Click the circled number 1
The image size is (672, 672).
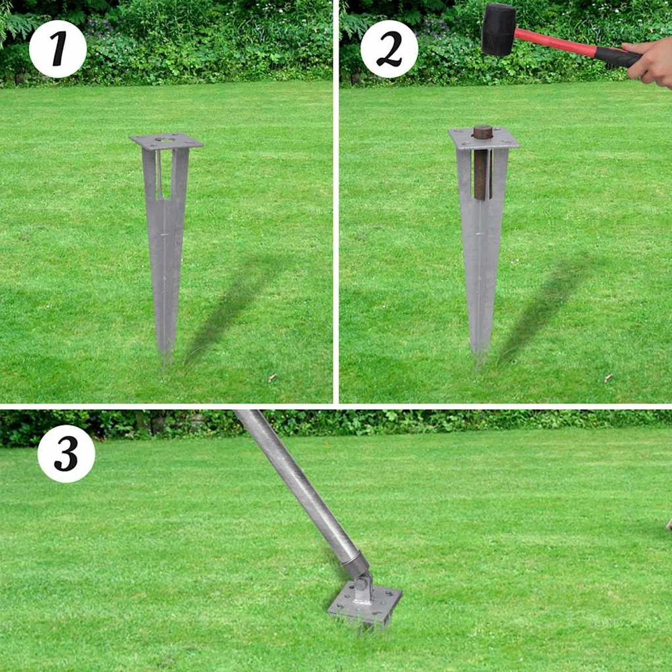(x=58, y=49)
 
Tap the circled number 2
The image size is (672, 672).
(x=389, y=49)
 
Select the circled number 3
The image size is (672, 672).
(x=67, y=454)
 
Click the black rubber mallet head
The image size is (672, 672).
(x=499, y=30)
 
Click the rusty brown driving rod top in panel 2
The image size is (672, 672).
(x=483, y=132)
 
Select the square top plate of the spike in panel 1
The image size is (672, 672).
(x=166, y=141)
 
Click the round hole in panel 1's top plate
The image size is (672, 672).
(x=165, y=139)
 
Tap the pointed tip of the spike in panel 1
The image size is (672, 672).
(x=164, y=365)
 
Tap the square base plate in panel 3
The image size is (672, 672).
(x=365, y=604)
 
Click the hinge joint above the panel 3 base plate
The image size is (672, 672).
(x=361, y=583)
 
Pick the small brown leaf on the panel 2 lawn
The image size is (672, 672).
(x=608, y=378)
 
